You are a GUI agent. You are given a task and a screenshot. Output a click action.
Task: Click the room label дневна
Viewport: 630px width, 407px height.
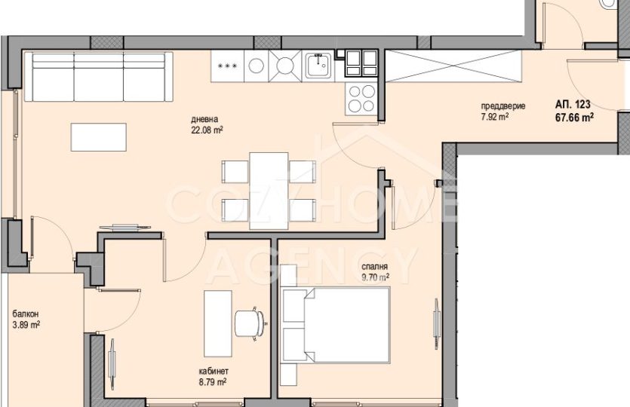204,119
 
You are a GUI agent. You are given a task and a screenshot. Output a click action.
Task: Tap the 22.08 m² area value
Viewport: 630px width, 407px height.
207,130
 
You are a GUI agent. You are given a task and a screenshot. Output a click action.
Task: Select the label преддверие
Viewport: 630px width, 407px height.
503,106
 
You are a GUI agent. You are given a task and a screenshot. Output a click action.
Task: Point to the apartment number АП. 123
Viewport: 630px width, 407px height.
573,105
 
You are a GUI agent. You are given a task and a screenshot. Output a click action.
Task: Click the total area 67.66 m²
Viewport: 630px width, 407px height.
575,118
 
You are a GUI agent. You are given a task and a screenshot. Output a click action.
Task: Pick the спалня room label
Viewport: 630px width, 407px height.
374,267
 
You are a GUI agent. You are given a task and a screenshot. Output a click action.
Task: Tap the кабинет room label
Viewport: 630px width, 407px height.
214,372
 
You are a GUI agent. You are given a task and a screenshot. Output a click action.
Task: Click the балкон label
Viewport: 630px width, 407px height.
26,314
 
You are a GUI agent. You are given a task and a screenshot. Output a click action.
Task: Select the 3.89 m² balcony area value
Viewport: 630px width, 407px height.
26,325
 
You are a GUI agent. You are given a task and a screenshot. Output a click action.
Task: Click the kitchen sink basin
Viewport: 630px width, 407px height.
318,66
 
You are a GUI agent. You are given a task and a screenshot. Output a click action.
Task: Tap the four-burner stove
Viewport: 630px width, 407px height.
361,99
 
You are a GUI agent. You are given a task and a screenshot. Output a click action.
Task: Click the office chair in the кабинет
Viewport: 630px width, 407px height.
250,323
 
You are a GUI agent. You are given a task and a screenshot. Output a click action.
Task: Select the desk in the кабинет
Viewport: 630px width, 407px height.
218,323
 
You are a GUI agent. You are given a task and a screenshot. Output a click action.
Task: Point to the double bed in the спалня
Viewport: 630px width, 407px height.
337,325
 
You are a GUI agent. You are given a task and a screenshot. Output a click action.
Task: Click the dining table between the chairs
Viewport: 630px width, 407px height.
269,191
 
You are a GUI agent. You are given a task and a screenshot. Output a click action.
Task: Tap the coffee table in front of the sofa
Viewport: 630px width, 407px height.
99,137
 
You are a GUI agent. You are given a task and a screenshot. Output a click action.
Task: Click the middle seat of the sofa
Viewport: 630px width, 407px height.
99,77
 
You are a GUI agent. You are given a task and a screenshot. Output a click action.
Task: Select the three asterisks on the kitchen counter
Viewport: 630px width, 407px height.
227,66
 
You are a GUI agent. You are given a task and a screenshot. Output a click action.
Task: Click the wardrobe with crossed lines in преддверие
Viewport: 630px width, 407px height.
454,66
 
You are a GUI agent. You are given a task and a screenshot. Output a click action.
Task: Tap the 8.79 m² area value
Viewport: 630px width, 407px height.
213,383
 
